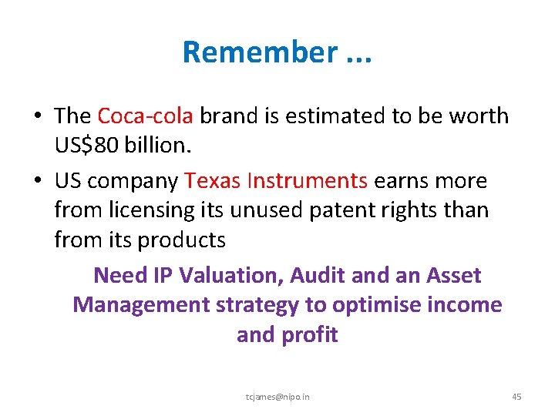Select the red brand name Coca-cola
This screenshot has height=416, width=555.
point(146,116)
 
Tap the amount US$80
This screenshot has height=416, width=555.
point(85,146)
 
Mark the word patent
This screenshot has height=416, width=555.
point(346,210)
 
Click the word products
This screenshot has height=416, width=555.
point(181,240)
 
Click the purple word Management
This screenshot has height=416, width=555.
point(140,305)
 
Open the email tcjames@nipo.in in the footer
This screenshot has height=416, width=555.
point(277,397)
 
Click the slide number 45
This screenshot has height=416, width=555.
point(516,397)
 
